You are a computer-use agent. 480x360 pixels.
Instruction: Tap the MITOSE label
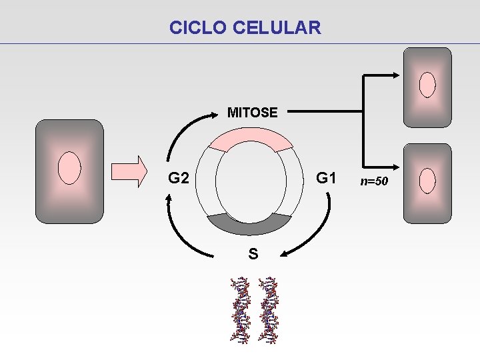tap(252, 113)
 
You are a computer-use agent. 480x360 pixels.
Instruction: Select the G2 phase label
tap(179, 179)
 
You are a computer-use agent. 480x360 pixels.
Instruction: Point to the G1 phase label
tap(326, 178)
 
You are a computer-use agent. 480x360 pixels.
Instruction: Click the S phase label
tap(253, 253)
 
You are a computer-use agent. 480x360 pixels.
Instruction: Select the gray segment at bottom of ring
tap(249, 225)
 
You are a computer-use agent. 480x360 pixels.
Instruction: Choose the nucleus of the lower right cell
tap(427, 180)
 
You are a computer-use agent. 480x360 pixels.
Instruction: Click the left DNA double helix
tap(241, 309)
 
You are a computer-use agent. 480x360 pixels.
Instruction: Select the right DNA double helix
tap(269, 309)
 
